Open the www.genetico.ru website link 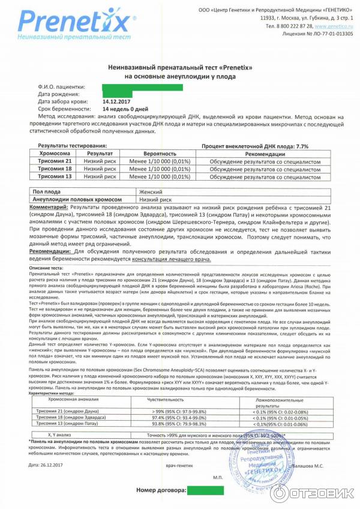[x=333, y=26]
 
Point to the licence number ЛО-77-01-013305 [x=329, y=34]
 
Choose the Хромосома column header [x=54, y=154]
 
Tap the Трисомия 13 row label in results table [x=54, y=176]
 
